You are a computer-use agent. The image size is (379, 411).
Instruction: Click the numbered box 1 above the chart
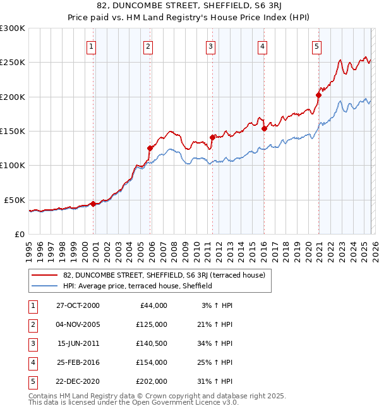click(92, 46)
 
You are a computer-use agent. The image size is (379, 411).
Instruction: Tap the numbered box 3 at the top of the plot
click(210, 46)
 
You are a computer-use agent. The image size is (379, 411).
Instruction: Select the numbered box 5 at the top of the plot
click(316, 46)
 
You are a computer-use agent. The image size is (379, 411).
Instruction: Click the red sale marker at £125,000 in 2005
click(150, 148)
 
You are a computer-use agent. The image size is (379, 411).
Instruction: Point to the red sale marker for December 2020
click(319, 95)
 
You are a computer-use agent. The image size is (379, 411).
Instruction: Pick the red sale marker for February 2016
click(265, 128)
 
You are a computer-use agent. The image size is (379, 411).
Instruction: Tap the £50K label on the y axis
click(15, 200)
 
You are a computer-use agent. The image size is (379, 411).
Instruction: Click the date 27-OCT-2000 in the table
click(78, 305)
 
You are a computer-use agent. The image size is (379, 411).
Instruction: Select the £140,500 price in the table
click(151, 343)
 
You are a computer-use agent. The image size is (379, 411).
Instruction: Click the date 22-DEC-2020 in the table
click(78, 381)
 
